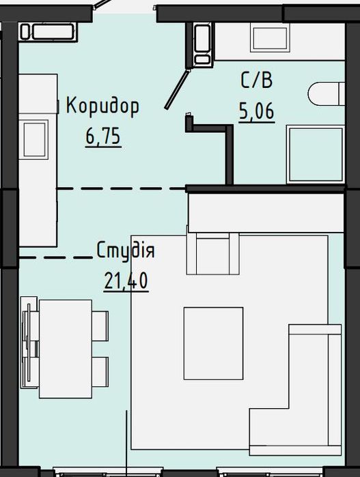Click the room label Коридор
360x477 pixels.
click(x=102, y=106)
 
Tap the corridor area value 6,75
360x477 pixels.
click(x=104, y=136)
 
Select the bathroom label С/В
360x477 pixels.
click(x=256, y=81)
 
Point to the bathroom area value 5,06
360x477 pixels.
click(x=257, y=112)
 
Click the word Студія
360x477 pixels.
click(x=126, y=251)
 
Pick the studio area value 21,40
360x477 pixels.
click(x=126, y=280)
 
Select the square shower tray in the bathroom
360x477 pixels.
click(x=316, y=154)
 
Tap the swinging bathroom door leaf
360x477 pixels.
click(x=177, y=89)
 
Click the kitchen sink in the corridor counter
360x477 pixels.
click(x=33, y=139)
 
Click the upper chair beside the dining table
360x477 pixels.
click(x=100, y=326)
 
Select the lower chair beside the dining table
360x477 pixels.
click(x=100, y=372)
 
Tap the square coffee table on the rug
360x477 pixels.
click(x=213, y=343)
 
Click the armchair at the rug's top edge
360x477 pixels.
click(x=213, y=253)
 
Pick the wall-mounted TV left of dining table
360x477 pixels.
click(x=28, y=343)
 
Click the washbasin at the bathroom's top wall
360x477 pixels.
click(x=270, y=39)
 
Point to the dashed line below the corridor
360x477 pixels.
click(x=121, y=189)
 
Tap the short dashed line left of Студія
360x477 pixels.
click(x=56, y=258)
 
